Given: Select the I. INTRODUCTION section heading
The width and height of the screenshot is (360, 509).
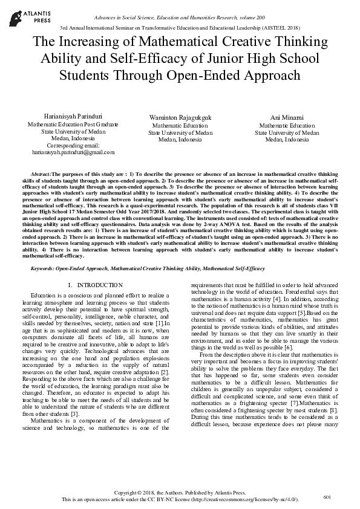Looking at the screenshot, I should [96, 285].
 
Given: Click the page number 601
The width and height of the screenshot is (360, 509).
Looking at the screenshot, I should [327, 497].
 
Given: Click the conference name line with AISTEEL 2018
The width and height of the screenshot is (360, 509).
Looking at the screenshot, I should [180, 28].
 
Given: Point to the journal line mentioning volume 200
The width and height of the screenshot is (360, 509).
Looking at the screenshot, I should [180, 19].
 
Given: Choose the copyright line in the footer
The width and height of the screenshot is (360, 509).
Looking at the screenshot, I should [180, 493].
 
